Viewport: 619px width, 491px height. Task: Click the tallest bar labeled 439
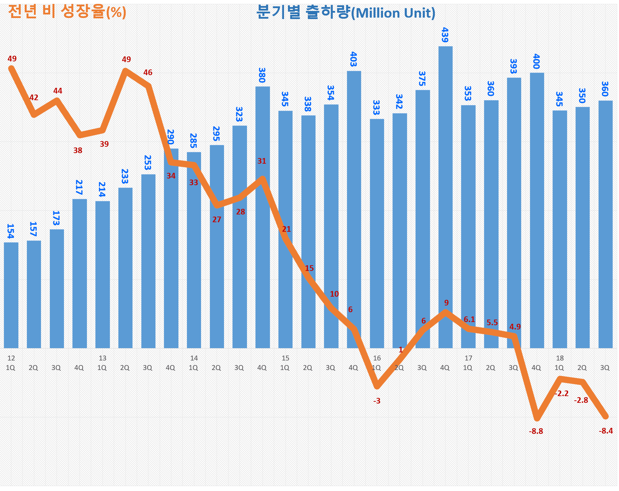click(x=445, y=198)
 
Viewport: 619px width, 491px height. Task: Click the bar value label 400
click(x=536, y=61)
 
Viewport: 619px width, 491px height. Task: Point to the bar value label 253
click(x=148, y=163)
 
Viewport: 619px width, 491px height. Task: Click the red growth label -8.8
click(x=536, y=431)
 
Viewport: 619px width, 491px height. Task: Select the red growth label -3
click(x=377, y=401)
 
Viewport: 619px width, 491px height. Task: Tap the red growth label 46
click(x=148, y=73)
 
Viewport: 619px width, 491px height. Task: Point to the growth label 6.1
click(x=469, y=319)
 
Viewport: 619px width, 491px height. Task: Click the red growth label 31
click(x=261, y=161)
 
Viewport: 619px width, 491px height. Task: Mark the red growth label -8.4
click(x=606, y=431)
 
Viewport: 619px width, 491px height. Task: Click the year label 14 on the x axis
click(x=194, y=358)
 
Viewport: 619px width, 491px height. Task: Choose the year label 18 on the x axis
click(x=560, y=358)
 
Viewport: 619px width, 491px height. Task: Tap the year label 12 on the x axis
click(x=11, y=358)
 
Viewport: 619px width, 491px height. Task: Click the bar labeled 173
click(x=57, y=289)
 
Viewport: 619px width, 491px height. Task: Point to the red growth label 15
click(x=309, y=268)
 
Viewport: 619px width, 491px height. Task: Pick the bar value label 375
click(x=422, y=78)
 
